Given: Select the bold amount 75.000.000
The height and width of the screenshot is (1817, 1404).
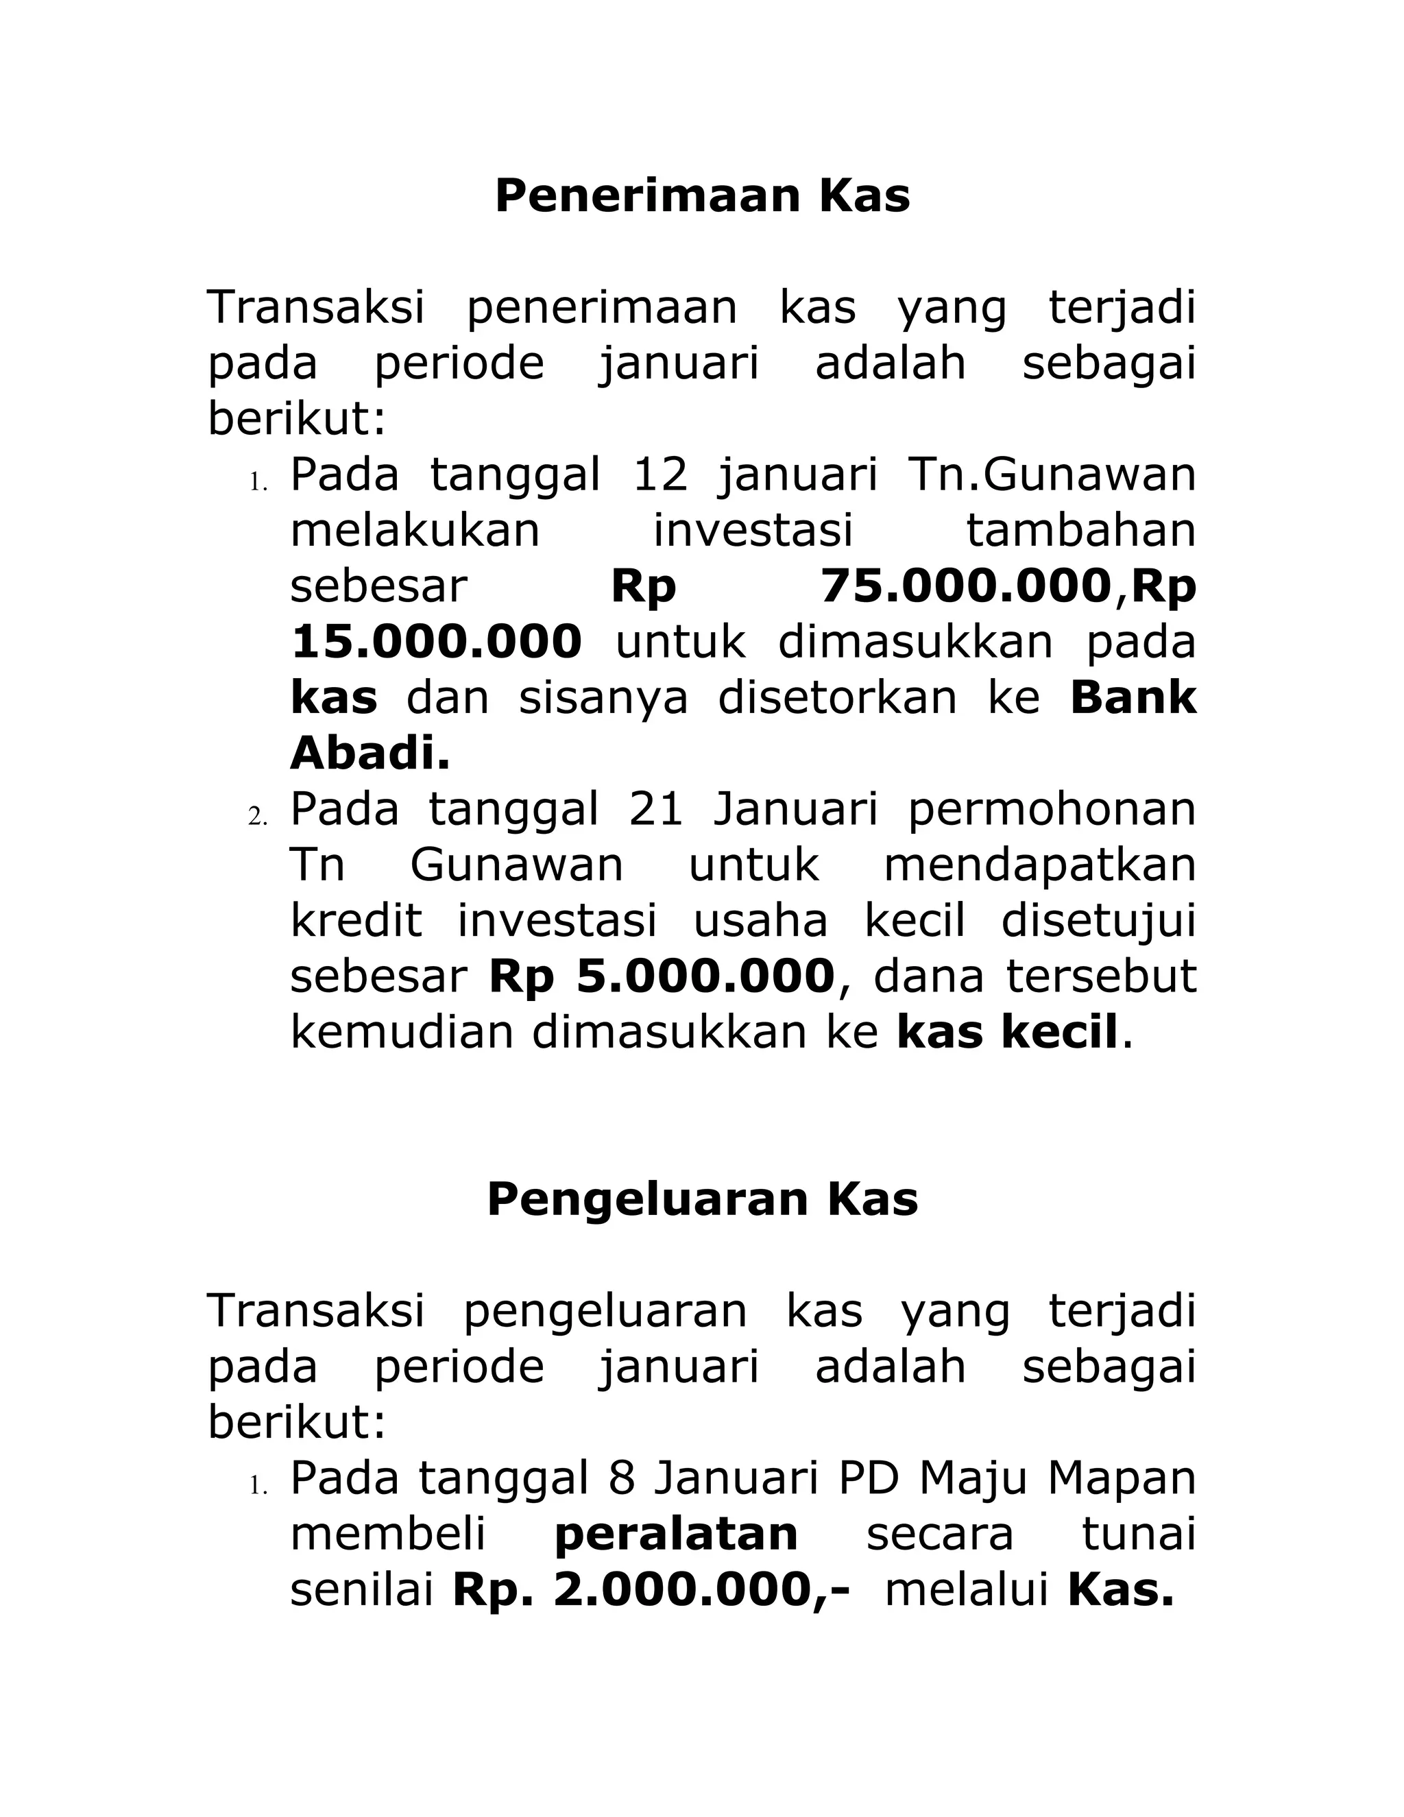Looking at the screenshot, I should [x=966, y=586].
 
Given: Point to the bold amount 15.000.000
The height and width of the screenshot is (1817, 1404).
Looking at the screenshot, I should [x=437, y=642].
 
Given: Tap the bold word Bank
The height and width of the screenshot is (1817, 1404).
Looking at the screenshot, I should [x=1133, y=697].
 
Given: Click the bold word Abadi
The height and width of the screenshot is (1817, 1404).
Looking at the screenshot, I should [x=370, y=754].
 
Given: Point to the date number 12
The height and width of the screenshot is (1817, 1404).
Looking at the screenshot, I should [x=660, y=475].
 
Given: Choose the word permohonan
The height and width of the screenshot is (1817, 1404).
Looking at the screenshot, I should [x=1052, y=810].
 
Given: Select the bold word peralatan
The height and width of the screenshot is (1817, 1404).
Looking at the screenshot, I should [x=675, y=1535].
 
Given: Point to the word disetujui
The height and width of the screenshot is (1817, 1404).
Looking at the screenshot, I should [x=1098, y=921].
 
